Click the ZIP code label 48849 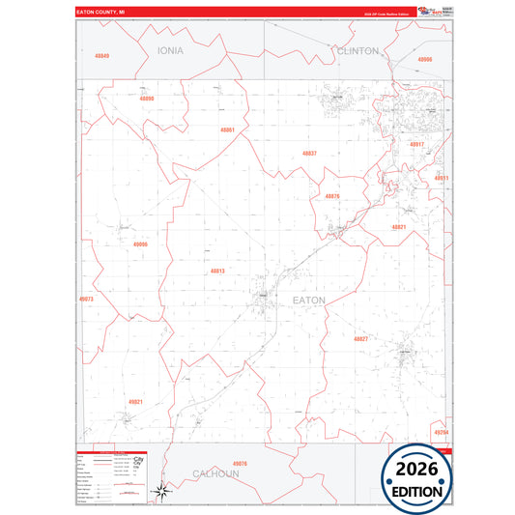102,56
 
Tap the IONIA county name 170,49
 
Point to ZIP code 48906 425,60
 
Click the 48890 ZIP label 146,99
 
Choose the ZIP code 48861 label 227,129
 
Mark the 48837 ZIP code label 309,153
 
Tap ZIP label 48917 416,144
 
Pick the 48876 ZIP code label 331,196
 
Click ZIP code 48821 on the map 398,227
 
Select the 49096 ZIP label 140,244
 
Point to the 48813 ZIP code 217,271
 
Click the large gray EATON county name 309,300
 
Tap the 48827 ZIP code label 360,339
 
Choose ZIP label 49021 135,401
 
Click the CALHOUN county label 215,474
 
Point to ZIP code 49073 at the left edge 86,300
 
